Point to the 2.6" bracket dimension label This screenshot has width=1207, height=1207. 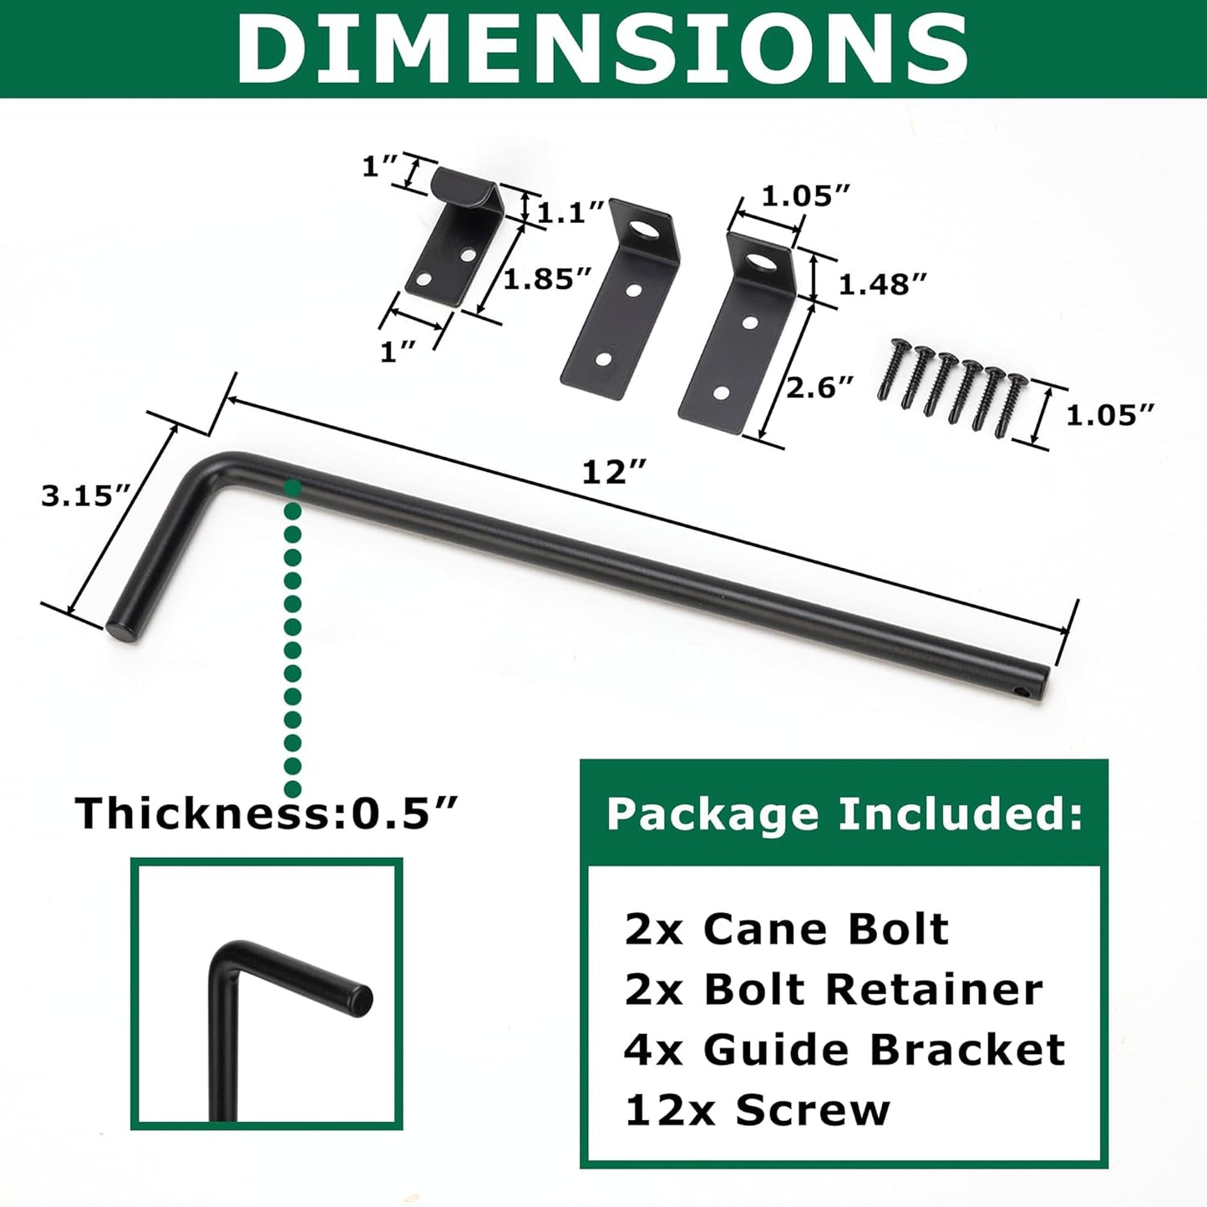(x=820, y=388)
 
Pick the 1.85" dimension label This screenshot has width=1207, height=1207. (x=547, y=279)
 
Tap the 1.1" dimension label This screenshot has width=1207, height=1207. (x=571, y=213)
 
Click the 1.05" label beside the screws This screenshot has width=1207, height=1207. (x=1110, y=415)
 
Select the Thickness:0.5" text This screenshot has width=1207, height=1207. (x=267, y=813)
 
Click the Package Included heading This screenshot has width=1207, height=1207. (x=844, y=814)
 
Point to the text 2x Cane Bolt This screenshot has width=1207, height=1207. (x=787, y=929)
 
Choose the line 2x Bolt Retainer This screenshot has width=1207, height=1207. (x=834, y=990)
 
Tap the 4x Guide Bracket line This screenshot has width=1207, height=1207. (x=844, y=1050)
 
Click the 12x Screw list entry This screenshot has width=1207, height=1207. (x=758, y=1111)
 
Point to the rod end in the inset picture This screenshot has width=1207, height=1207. (x=360, y=1000)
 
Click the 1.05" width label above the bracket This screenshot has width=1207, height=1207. (x=805, y=196)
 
